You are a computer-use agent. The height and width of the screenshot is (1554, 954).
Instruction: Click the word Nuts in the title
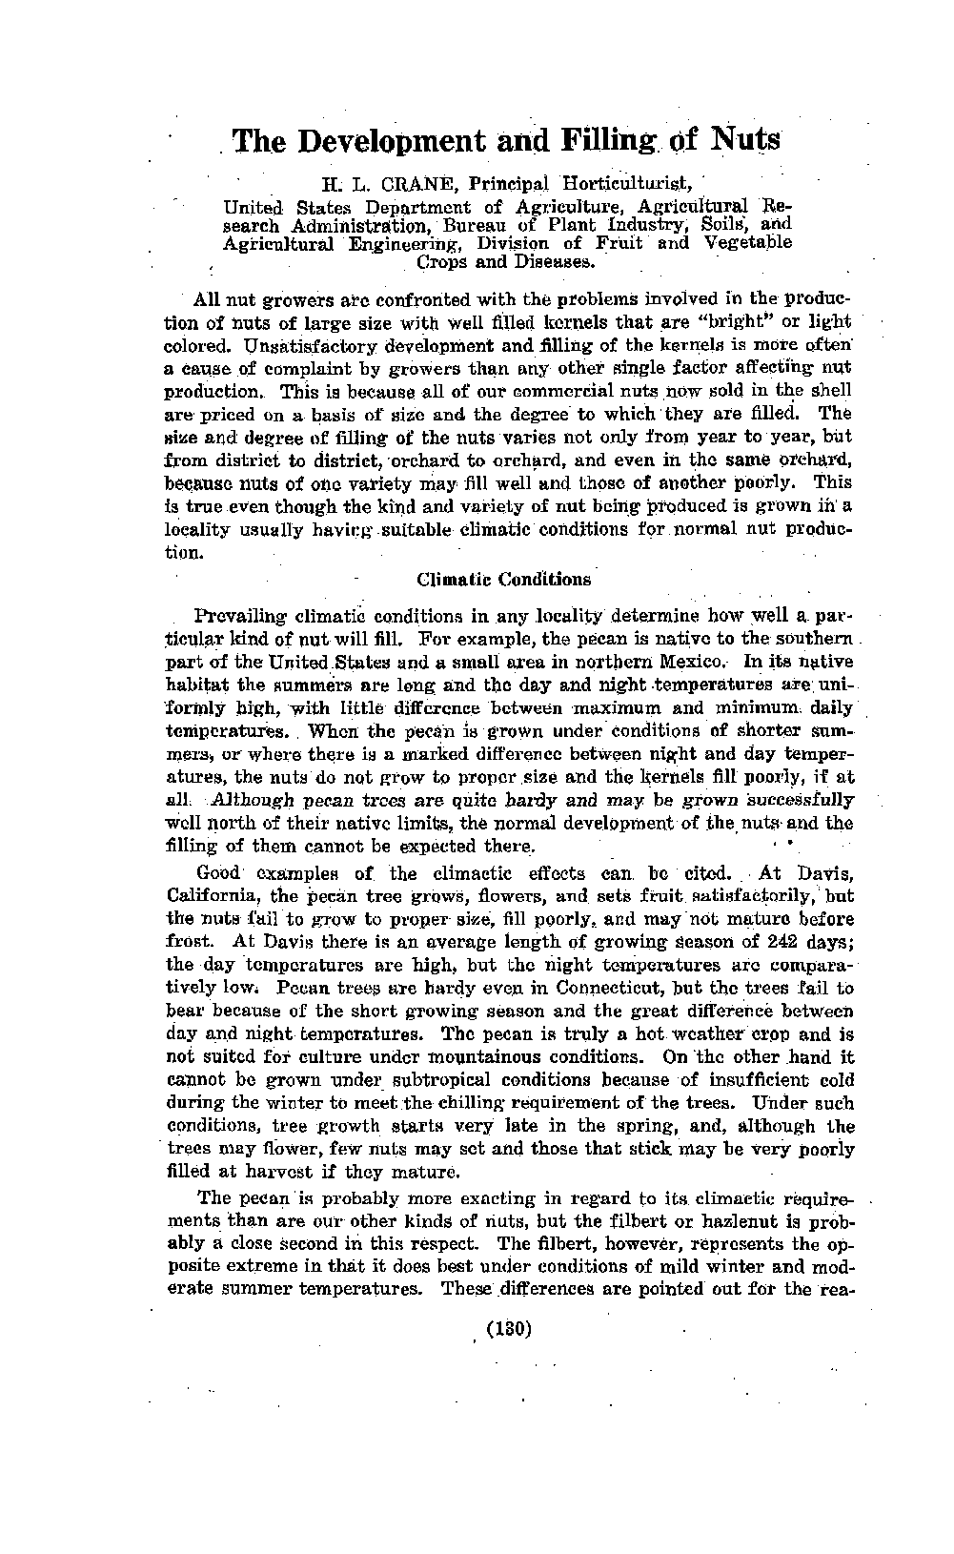(x=745, y=141)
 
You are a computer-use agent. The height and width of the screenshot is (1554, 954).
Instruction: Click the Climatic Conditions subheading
(x=504, y=579)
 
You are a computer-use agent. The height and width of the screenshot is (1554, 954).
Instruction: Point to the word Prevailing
(x=240, y=616)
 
